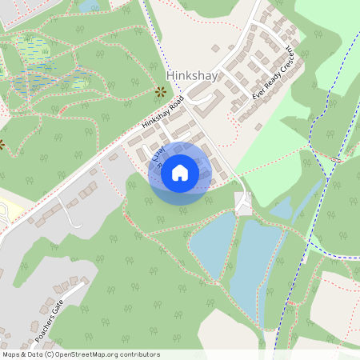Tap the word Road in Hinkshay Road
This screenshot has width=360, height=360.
[175, 105]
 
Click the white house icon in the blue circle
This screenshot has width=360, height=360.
[179, 173]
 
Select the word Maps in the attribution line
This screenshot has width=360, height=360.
[11, 354]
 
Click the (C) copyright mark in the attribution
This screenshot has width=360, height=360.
[49, 354]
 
